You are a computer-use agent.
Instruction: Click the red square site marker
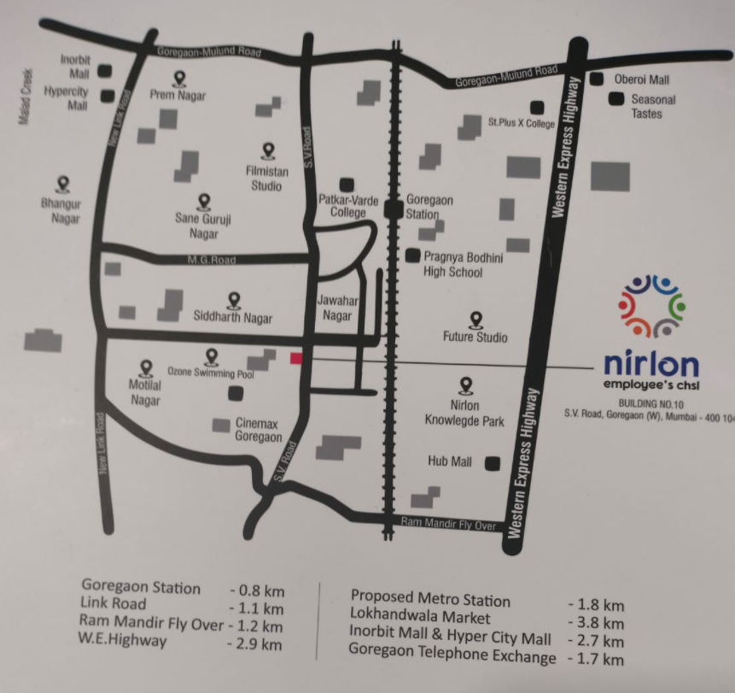[x=296, y=358]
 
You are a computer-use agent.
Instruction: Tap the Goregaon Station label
[x=429, y=207]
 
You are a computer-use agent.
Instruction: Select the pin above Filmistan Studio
[x=269, y=151]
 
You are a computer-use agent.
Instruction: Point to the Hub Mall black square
[x=492, y=463]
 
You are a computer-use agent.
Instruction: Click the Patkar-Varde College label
[x=348, y=206]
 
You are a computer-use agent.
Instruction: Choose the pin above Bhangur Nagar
[x=62, y=184]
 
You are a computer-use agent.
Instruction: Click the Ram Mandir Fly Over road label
[x=448, y=524]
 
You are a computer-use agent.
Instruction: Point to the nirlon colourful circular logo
[x=651, y=305]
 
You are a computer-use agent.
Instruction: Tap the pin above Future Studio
[x=476, y=320]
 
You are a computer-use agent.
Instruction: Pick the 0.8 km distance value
[x=255, y=590]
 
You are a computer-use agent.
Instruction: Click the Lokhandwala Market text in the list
[x=420, y=615]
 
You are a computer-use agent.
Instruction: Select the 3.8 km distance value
[x=595, y=623]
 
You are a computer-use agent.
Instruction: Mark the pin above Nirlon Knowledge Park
[x=466, y=386]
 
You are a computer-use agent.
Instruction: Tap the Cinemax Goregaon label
[x=259, y=430]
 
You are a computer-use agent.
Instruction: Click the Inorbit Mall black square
[x=107, y=71]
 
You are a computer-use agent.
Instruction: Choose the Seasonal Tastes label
[x=653, y=106]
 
